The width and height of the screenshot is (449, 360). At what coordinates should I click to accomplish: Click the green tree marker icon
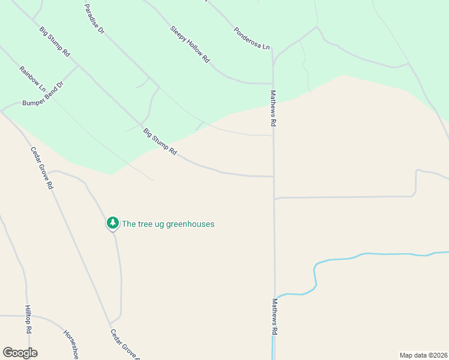click(112, 223)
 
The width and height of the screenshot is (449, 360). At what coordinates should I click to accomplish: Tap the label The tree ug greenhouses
click(168, 224)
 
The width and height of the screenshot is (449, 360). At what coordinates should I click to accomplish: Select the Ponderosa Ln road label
click(252, 38)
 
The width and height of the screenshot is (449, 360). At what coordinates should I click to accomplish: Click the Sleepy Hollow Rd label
click(190, 44)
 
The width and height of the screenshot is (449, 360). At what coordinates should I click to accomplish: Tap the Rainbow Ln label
click(32, 79)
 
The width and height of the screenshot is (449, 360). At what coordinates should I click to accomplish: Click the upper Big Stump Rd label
click(55, 41)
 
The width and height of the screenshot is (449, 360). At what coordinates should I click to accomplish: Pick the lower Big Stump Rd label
click(160, 142)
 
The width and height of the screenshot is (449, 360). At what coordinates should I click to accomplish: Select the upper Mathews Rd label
click(273, 108)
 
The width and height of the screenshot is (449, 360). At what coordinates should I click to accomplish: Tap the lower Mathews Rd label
click(275, 316)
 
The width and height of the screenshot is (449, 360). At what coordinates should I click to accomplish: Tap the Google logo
click(20, 353)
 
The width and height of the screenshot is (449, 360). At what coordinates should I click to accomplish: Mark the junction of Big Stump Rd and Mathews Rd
click(274, 176)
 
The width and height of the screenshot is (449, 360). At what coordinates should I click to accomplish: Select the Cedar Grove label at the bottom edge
click(125, 344)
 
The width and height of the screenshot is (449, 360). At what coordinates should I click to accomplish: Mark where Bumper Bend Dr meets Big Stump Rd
click(78, 65)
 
